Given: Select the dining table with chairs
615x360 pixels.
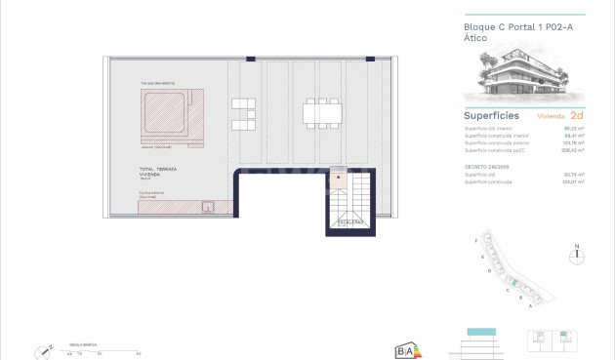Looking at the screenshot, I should [323, 112].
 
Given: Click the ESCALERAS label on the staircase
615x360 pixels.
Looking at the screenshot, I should [350, 222].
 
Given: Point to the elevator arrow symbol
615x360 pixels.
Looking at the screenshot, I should [338, 179].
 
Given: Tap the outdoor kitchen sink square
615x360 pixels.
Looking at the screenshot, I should [207, 206].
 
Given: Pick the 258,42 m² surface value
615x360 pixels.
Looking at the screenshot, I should [572, 150].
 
